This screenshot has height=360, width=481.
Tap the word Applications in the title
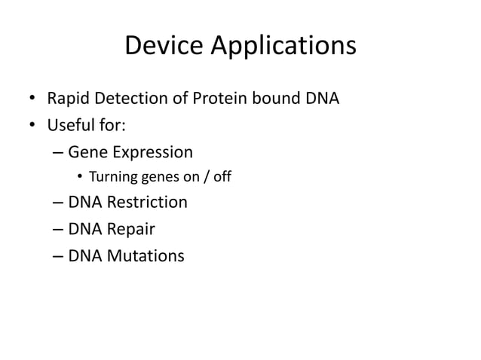click(x=285, y=47)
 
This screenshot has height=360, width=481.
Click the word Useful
click(x=69, y=125)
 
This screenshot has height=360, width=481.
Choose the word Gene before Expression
click(x=87, y=153)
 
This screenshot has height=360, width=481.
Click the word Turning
click(x=111, y=178)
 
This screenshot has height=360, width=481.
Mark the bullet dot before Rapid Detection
click(x=32, y=99)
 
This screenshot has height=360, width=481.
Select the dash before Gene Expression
click(x=58, y=153)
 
